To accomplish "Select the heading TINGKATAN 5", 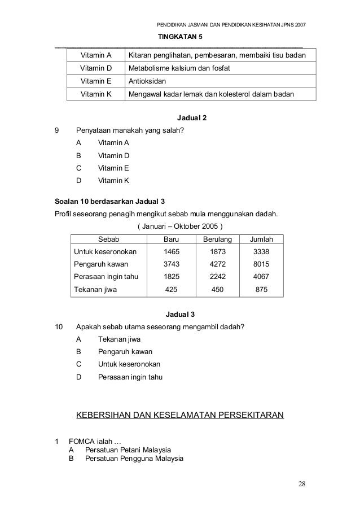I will (x=180, y=37).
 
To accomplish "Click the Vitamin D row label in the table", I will (x=96, y=68).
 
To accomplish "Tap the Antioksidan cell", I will (x=148, y=81).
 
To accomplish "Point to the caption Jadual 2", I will (x=180, y=118).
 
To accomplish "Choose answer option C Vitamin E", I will (x=113, y=168).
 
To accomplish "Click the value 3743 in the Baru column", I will (x=171, y=264).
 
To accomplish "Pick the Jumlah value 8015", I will (x=261, y=264).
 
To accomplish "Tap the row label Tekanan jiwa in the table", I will (x=96, y=290).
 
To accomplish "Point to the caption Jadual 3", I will (x=180, y=314).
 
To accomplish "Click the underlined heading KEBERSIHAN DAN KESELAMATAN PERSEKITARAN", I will (x=179, y=417).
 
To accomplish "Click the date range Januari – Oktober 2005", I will (x=180, y=226).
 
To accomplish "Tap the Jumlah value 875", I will (x=261, y=290).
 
